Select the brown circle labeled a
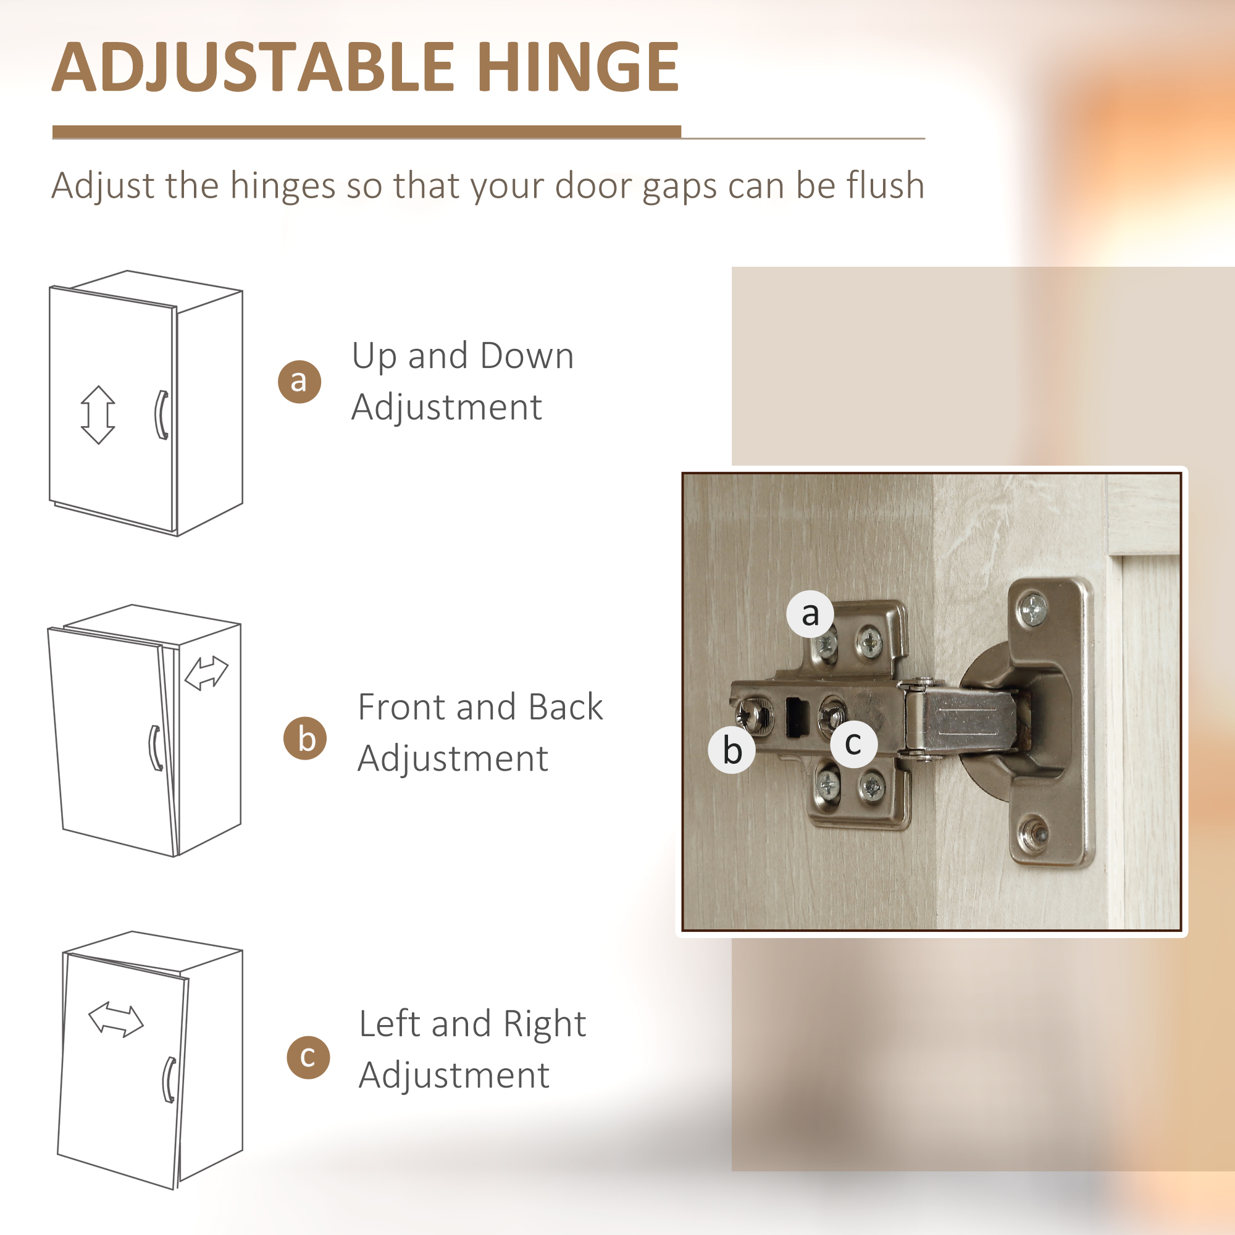299,382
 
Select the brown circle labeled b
305,739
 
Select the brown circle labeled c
308,1057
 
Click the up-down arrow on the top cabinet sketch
98,414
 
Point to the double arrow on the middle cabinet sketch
206,673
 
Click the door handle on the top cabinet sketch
162,415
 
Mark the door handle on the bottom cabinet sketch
169,1079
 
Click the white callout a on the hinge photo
810,614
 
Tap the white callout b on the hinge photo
732,750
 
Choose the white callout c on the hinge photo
853,743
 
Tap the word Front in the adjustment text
400,707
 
